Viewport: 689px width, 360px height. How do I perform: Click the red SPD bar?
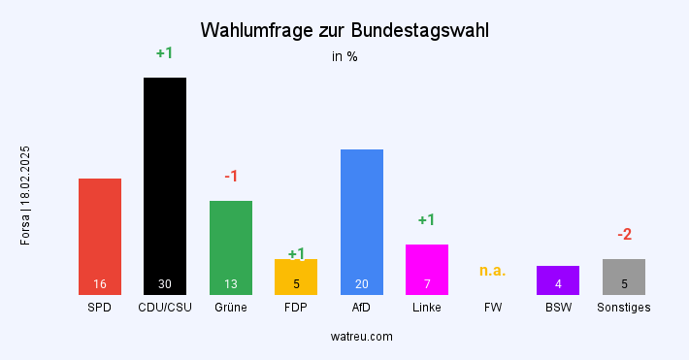tap(100, 236)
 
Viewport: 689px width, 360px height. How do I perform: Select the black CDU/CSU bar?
tap(165, 185)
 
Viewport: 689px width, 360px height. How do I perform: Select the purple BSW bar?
tap(558, 279)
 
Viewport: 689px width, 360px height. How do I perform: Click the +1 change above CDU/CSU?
tap(165, 53)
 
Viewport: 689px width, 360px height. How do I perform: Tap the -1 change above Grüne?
tap(231, 177)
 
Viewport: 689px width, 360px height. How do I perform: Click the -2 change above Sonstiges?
tap(625, 235)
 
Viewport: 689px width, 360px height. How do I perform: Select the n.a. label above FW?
tap(493, 271)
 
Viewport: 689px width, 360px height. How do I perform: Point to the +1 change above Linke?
tap(427, 220)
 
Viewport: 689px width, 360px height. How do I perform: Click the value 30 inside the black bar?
tap(165, 284)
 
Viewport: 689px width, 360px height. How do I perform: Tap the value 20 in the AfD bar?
tap(362, 284)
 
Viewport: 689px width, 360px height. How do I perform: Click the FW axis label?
tap(493, 308)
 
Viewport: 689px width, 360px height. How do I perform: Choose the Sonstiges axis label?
tap(624, 308)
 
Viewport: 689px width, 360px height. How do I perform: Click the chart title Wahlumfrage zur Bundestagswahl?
tap(344, 30)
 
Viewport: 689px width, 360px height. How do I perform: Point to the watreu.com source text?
tap(362, 337)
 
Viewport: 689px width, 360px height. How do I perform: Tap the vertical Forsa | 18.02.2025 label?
tap(26, 195)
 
